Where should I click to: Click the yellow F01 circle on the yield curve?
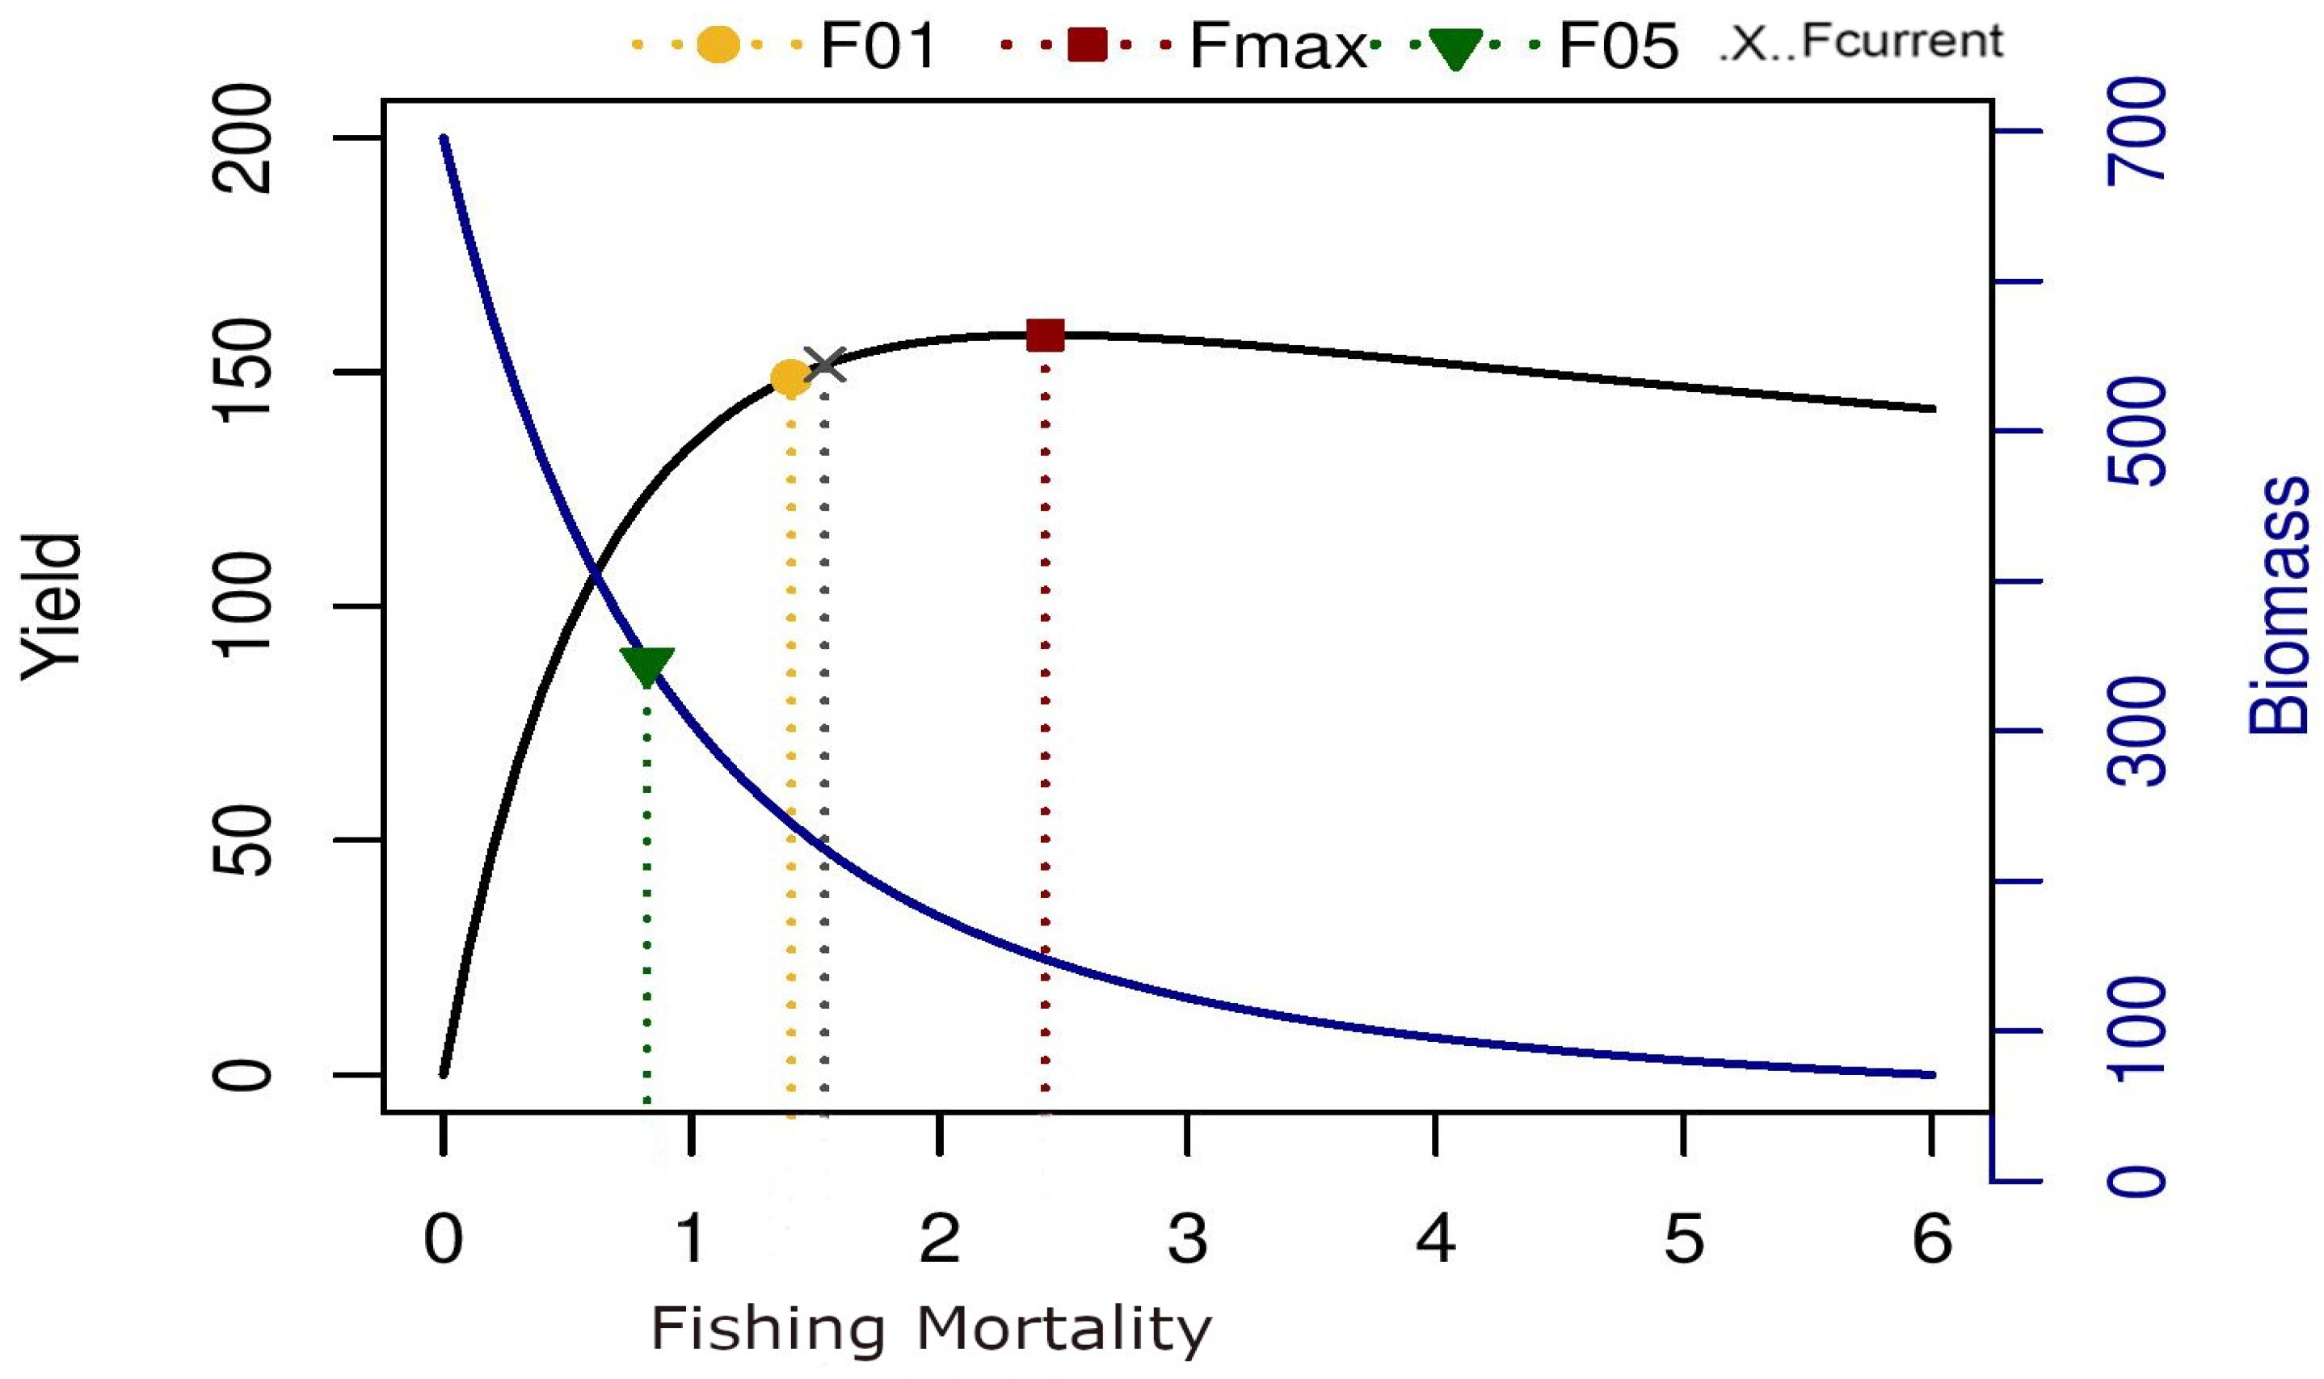point(789,378)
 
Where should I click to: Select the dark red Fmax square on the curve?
point(1045,335)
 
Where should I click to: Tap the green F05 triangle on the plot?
point(646,665)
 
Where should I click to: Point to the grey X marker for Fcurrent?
point(826,365)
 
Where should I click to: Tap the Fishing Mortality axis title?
point(931,1330)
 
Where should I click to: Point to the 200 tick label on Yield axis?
point(243,139)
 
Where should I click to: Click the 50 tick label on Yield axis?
point(243,841)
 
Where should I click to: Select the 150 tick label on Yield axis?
point(243,372)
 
